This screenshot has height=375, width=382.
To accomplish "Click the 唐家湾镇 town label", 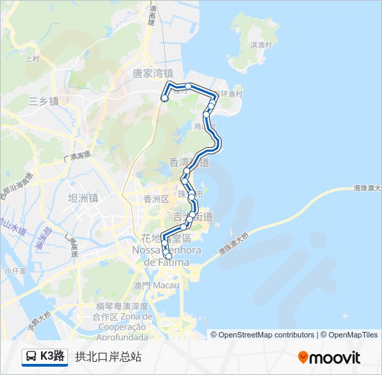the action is [153, 73].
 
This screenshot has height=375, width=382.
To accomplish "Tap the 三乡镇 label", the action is [44, 101].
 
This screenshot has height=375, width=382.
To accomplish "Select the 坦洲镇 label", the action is [83, 198].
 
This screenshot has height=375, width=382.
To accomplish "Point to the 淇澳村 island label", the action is [263, 44].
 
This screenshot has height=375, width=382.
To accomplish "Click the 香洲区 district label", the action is [156, 199].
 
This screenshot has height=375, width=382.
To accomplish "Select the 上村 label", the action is [32, 59].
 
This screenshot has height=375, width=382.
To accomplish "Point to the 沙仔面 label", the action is [15, 271].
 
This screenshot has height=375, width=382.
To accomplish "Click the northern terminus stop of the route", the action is [165, 99].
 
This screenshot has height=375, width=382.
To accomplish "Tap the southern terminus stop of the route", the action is [168, 256].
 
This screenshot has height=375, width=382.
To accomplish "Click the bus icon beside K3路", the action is [31, 357].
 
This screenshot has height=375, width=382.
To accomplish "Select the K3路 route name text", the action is [53, 357].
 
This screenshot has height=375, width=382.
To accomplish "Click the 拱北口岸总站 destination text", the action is [108, 357].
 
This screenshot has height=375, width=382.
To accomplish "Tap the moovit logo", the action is [329, 357].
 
